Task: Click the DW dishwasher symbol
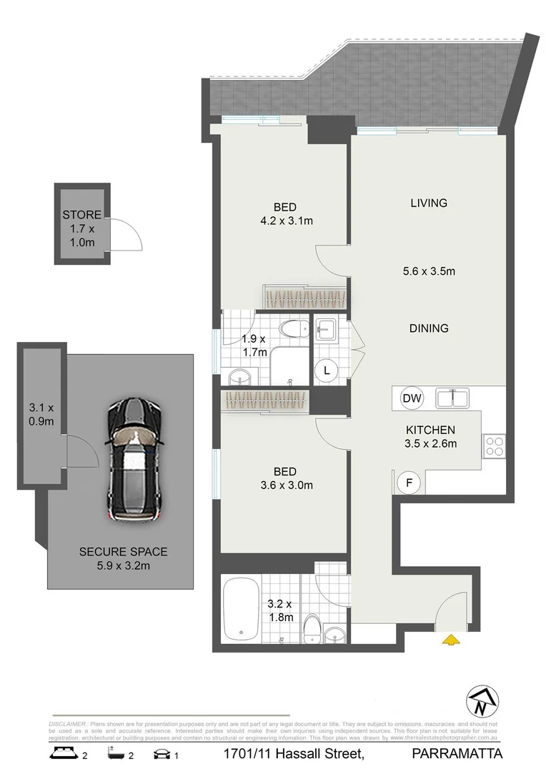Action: coord(411,398)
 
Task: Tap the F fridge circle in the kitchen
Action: coord(409,482)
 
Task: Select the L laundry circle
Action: coord(327,370)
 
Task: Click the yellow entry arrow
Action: coord(450,640)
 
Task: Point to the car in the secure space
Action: coord(134,460)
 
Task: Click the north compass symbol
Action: coord(480,702)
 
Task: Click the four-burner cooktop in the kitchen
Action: coord(494,446)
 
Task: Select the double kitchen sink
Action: coord(452,398)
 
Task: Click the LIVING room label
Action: coord(429,203)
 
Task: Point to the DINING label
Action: coord(429,328)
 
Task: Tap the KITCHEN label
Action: coord(430,430)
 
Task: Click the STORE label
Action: coord(81,215)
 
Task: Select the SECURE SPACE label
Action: coord(123,551)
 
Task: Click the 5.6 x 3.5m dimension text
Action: coord(429,271)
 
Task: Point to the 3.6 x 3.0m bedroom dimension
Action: coord(285,485)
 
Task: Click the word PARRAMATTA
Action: coord(457,753)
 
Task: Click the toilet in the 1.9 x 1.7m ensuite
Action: coord(293,330)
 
